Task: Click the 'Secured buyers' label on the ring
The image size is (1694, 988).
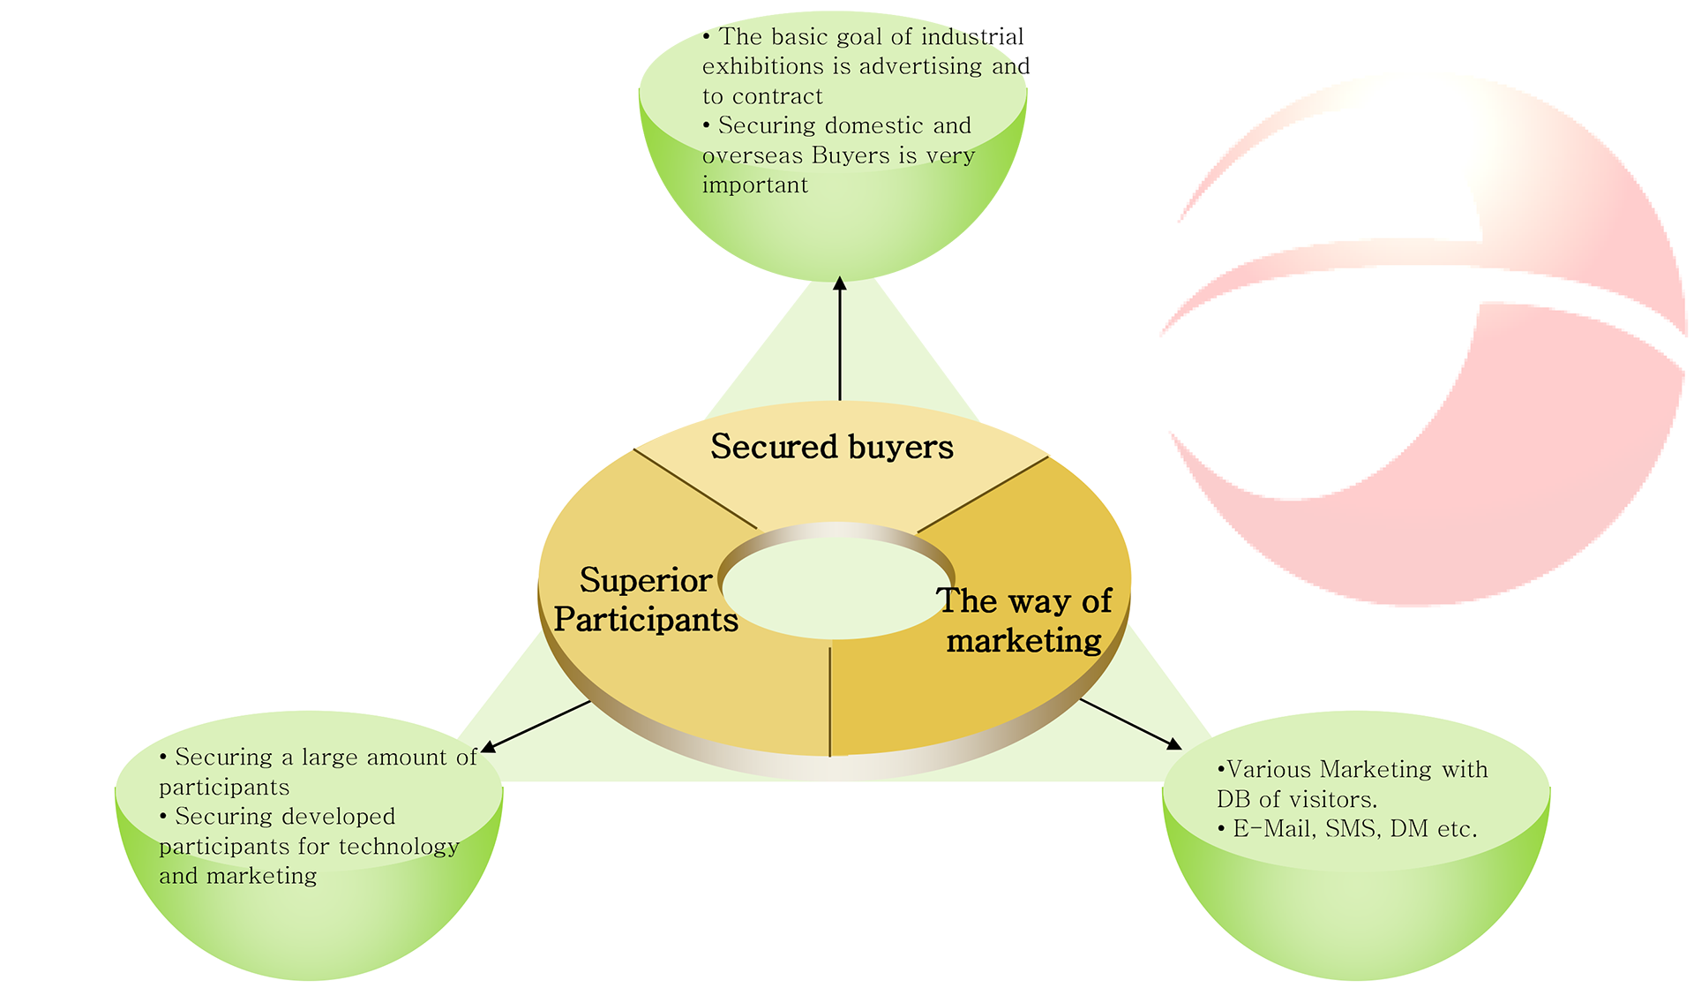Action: (x=831, y=447)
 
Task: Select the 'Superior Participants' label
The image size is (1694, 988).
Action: (x=646, y=600)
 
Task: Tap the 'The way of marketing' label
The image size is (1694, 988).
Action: (x=1023, y=621)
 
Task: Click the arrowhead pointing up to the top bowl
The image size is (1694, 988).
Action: (x=840, y=283)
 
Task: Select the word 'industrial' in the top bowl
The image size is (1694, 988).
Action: (x=972, y=37)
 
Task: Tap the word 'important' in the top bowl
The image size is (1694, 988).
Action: (x=755, y=185)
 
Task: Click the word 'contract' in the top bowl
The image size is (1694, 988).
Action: (x=776, y=96)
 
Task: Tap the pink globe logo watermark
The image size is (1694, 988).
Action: (x=1429, y=353)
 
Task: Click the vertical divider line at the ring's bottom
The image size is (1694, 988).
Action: (x=830, y=702)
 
